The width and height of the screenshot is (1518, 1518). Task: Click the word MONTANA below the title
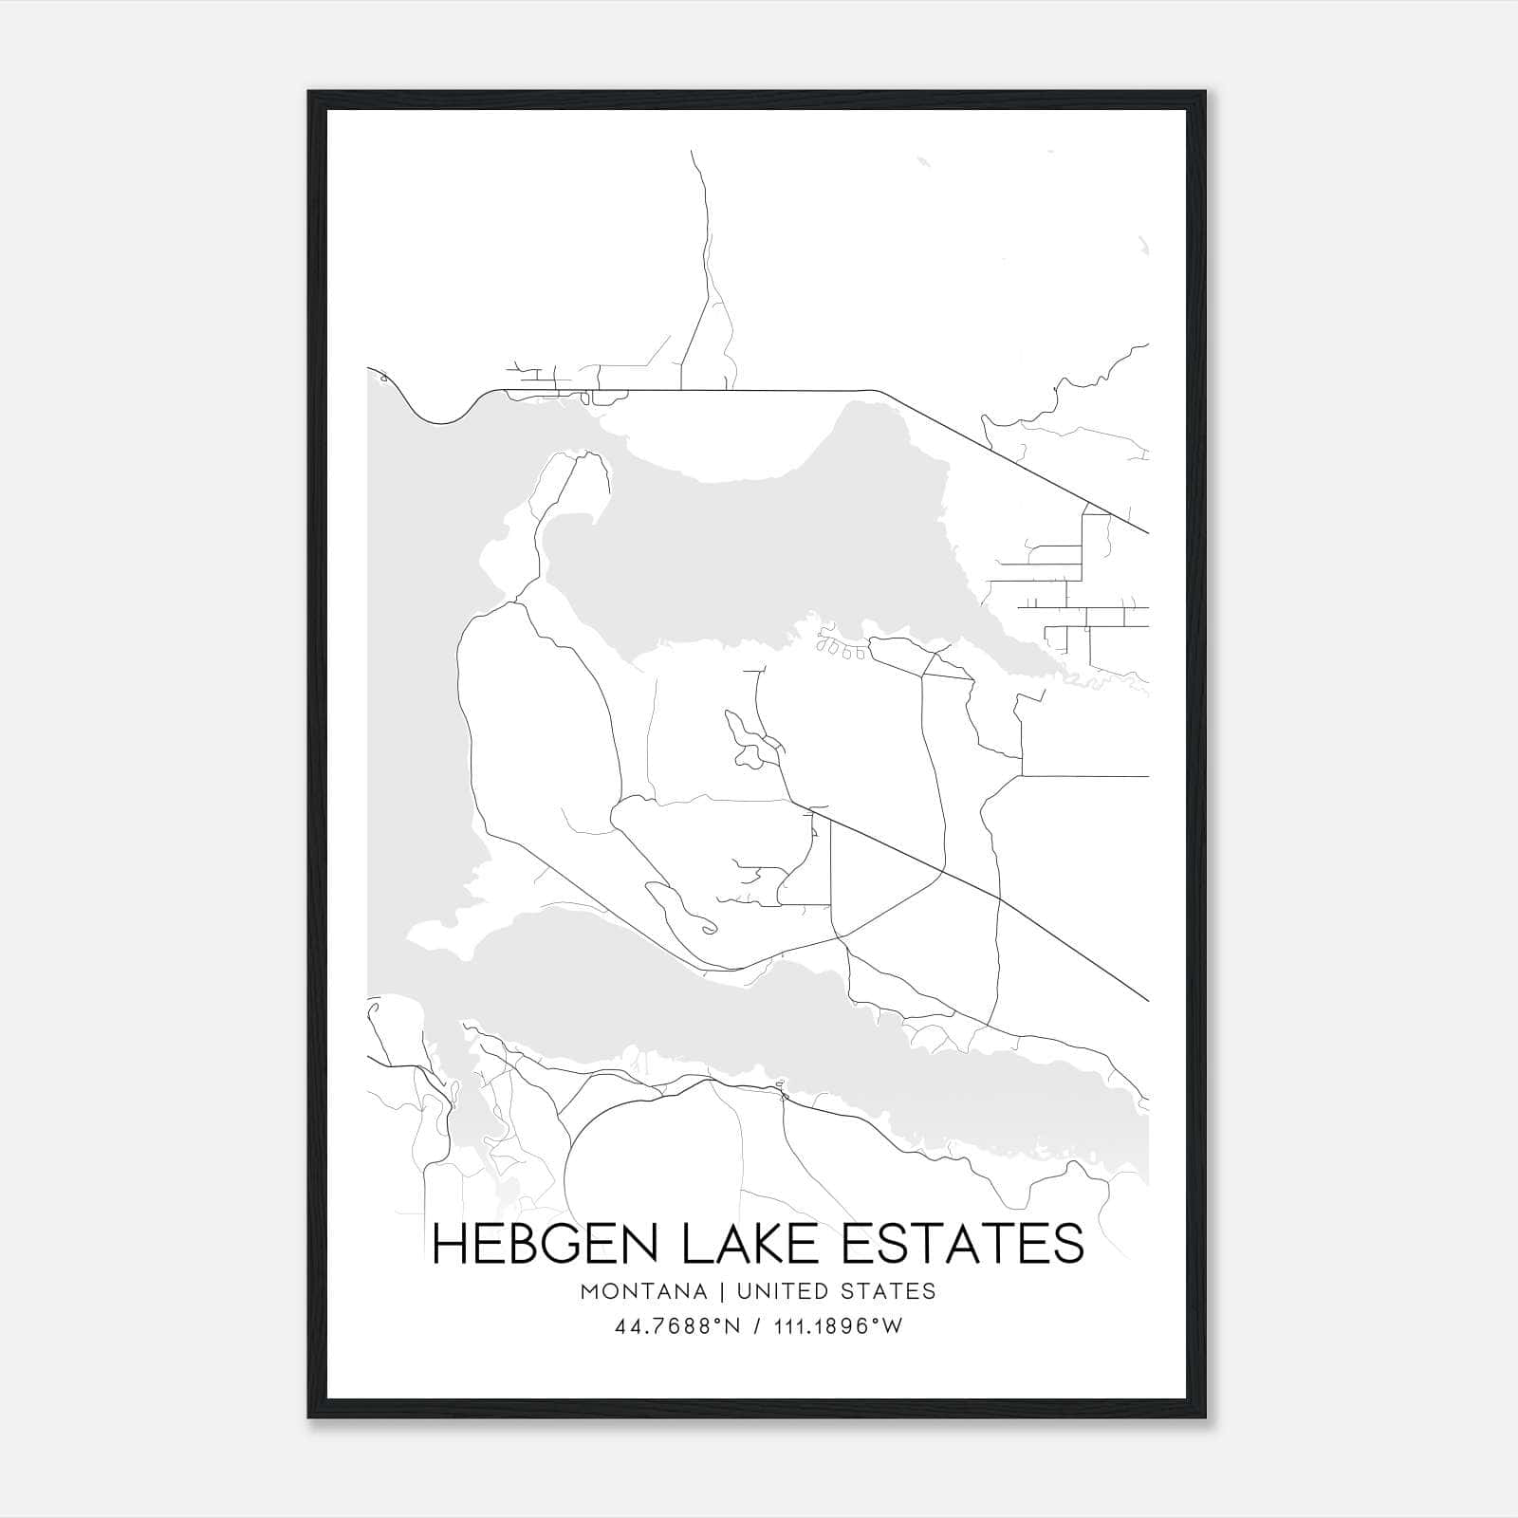point(643,1291)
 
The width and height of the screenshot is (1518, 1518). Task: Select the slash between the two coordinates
point(757,1326)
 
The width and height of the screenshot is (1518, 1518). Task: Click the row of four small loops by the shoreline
point(841,650)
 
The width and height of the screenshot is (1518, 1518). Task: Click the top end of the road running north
point(693,152)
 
